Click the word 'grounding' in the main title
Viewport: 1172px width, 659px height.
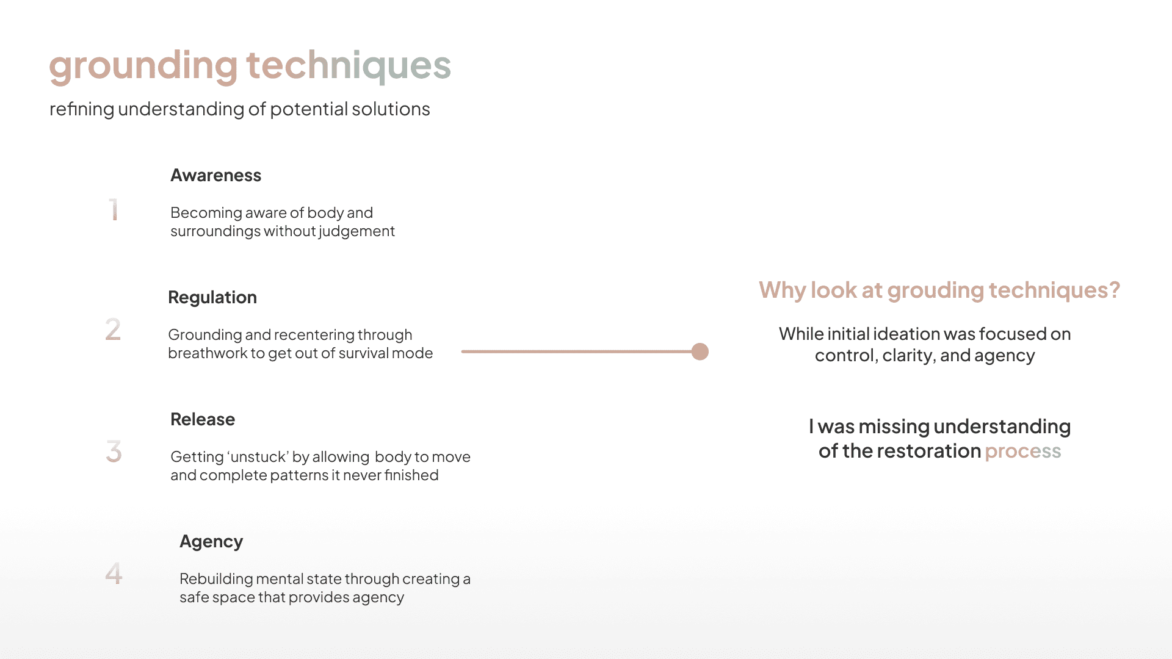tap(143, 67)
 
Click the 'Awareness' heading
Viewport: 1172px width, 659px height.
tap(216, 176)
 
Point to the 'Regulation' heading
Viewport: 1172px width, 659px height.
tap(212, 298)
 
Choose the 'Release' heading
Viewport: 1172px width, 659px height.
tap(203, 420)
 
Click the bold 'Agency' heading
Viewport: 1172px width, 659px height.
tap(211, 542)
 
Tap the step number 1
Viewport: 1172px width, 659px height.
tap(114, 209)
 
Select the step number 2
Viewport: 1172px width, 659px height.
tap(113, 329)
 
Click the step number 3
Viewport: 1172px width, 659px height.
tap(114, 452)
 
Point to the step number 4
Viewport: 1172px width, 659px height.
tap(114, 574)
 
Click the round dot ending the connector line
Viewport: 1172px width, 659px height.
tap(700, 351)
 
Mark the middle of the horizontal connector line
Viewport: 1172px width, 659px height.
tap(577, 351)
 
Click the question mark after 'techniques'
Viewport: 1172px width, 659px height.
tap(1115, 290)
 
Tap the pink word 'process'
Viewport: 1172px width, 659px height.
tap(1023, 452)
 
